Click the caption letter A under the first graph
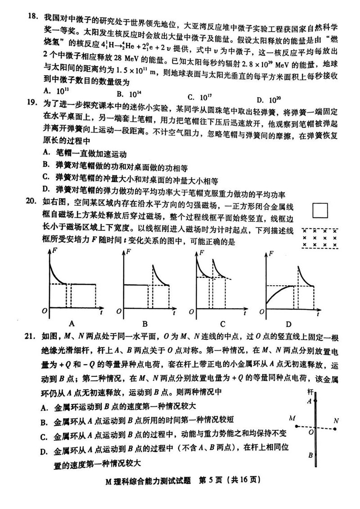(71, 324)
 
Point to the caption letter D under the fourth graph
(288, 324)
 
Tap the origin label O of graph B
(121, 311)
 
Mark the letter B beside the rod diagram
(310, 455)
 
